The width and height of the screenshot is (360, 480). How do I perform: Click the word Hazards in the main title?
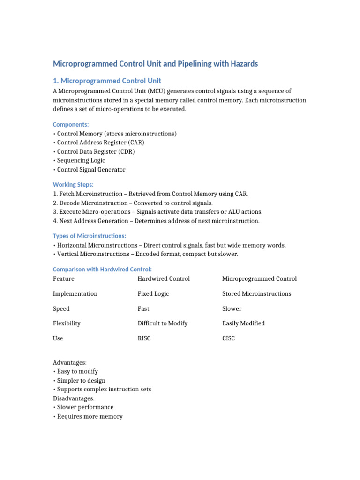point(242,64)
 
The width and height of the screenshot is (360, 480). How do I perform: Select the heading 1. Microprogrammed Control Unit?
point(107,81)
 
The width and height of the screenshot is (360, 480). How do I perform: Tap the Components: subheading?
point(71,124)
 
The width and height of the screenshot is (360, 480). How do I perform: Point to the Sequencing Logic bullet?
point(81,160)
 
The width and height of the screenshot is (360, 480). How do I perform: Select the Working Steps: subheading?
point(73,185)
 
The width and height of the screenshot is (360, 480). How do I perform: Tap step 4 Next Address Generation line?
point(156,221)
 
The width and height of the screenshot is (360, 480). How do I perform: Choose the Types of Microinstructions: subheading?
point(89,236)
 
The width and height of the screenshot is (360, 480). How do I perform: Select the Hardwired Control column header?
point(164,279)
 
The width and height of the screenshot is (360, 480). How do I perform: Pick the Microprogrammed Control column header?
point(259,279)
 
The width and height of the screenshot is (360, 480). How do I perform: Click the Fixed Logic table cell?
point(153,294)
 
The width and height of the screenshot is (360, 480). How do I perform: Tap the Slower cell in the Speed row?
point(232,309)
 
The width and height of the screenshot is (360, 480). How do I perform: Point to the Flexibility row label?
point(67,323)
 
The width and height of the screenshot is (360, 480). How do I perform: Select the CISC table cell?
point(229,338)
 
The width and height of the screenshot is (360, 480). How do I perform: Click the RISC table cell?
point(144,338)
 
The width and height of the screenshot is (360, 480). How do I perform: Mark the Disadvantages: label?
point(74,398)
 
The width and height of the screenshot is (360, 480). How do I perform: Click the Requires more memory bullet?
point(90,416)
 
